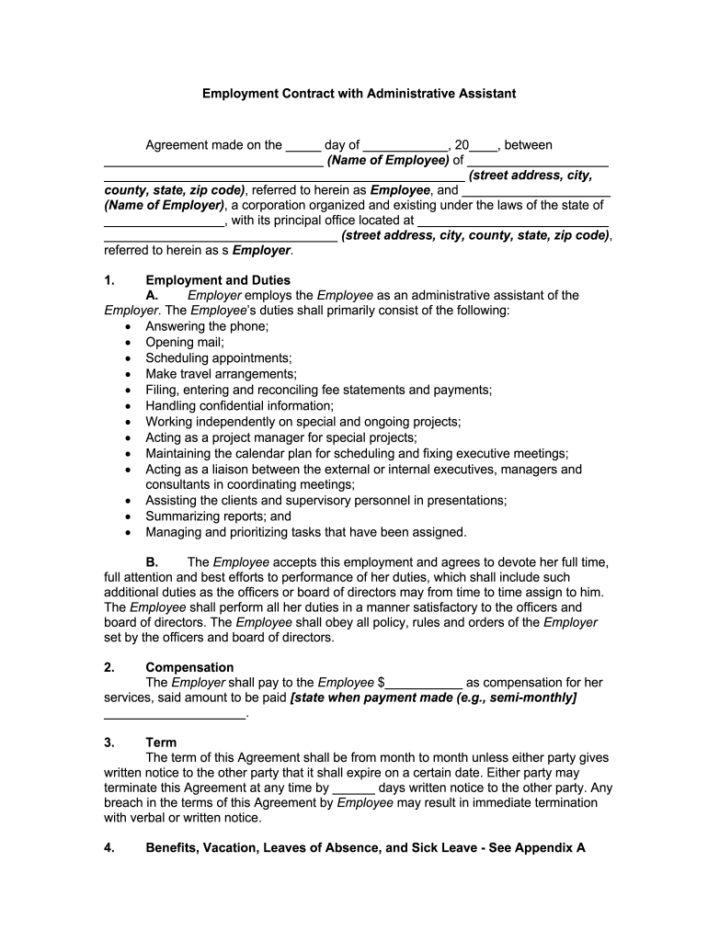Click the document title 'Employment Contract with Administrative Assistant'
click(360, 94)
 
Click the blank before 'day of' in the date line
click(303, 145)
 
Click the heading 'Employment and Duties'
click(218, 280)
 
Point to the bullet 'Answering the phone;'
click(207, 326)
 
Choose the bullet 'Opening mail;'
click(184, 342)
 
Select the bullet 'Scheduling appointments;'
click(218, 357)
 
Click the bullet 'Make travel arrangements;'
click(221, 374)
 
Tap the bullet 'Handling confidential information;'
click(239, 405)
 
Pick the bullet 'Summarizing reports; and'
click(218, 516)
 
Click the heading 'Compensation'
click(189, 667)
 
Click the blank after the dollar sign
click(424, 683)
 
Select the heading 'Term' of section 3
click(161, 743)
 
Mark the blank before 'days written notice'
click(353, 788)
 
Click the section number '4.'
click(109, 848)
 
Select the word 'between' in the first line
click(529, 145)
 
